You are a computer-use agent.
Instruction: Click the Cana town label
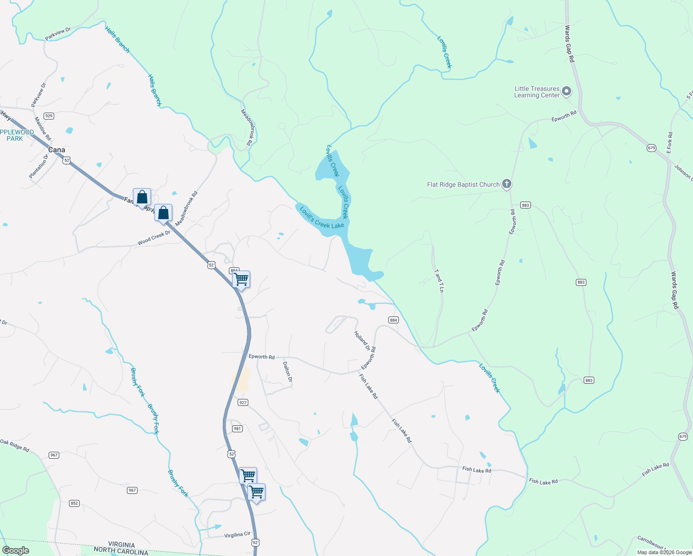[57, 150]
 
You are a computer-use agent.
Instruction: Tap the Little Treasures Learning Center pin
[567, 92]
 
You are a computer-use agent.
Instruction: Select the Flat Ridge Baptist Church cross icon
[507, 184]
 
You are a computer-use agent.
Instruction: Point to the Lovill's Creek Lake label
[321, 217]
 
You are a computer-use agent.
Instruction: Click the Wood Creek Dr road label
[154, 238]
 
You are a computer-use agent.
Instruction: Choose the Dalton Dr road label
[287, 372]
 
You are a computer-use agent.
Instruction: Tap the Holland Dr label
[362, 341]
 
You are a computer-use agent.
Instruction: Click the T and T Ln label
[438, 281]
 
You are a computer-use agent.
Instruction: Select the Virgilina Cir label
[237, 535]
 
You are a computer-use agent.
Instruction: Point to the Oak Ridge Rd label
[15, 446]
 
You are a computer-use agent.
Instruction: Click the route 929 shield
[49, 116]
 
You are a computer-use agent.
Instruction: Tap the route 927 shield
[243, 403]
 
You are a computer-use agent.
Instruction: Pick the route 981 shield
[237, 429]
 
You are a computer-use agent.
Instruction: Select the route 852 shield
[74, 503]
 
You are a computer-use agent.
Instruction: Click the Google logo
[15, 550]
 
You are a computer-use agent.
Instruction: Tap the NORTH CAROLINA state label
[121, 551]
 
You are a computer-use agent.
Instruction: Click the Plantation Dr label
[38, 166]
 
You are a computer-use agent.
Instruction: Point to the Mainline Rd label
[43, 129]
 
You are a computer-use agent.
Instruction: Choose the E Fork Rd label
[669, 143]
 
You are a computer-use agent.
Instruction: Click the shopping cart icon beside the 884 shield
[241, 279]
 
